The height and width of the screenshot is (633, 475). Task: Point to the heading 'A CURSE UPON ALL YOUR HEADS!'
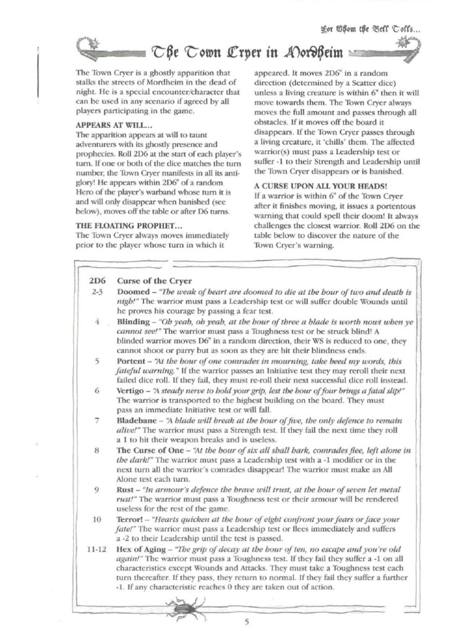[320, 185]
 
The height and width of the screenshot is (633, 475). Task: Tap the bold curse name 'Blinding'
[134, 323]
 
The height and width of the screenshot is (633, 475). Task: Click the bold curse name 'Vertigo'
[132, 391]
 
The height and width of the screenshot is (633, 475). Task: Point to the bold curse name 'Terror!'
[131, 520]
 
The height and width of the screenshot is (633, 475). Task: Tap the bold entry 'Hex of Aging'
[142, 549]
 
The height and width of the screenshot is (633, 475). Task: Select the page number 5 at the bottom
[246, 621]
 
